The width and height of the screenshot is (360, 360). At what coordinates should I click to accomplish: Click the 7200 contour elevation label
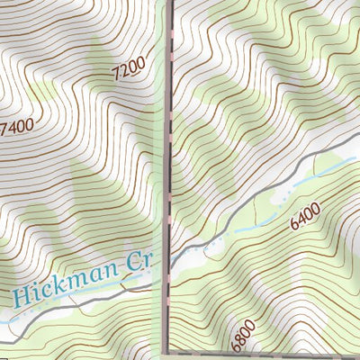point(129,71)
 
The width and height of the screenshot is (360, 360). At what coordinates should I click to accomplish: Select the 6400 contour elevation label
point(305,216)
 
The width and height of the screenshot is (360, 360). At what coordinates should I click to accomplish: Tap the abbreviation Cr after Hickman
point(139,262)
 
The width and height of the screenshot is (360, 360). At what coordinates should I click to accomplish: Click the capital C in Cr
point(135,263)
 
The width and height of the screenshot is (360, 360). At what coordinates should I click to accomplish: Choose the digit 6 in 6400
point(293,224)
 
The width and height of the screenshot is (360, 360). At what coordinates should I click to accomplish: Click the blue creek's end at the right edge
point(358,160)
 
